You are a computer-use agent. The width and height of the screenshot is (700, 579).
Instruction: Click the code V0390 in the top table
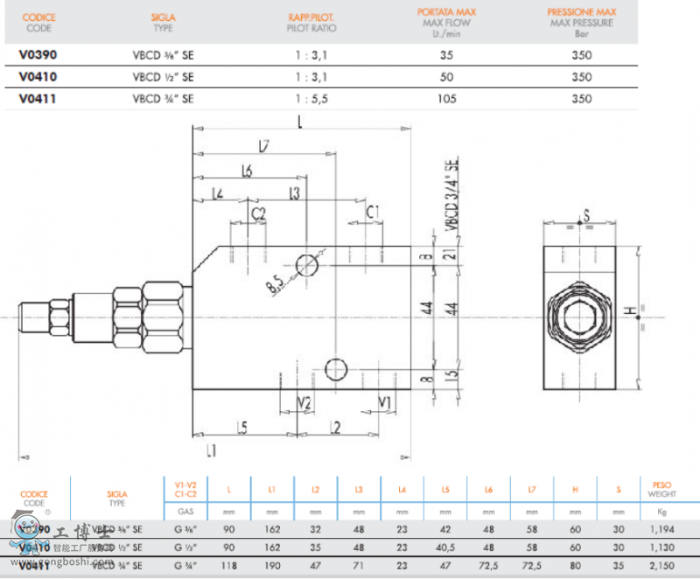click(38, 54)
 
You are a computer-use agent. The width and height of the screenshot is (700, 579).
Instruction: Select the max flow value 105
click(448, 99)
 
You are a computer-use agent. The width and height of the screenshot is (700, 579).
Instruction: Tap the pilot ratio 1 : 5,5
click(311, 99)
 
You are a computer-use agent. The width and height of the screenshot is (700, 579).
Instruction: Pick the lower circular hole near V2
click(336, 369)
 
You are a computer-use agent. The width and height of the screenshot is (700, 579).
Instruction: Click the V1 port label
click(384, 402)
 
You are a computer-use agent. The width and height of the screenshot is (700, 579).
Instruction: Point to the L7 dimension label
click(263, 146)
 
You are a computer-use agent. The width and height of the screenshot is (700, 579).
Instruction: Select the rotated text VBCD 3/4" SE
click(451, 194)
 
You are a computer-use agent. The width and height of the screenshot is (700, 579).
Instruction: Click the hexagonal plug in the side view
click(578, 316)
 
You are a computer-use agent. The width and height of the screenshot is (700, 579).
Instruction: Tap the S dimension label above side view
click(586, 214)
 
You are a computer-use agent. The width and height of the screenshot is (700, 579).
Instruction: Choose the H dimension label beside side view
click(627, 311)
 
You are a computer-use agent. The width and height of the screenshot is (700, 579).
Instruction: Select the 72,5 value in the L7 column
click(531, 565)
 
